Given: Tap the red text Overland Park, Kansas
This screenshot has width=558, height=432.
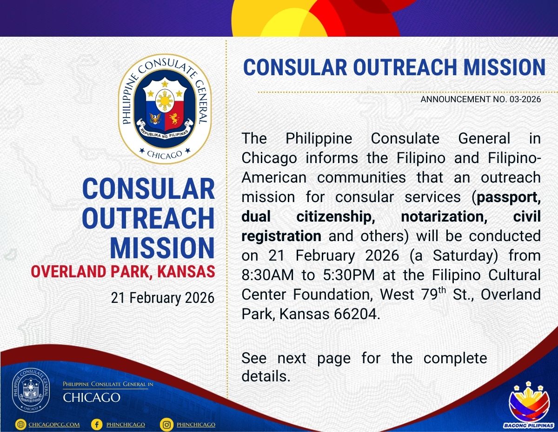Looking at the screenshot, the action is (x=123, y=272).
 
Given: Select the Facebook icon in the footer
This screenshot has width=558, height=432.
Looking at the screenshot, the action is (x=97, y=425).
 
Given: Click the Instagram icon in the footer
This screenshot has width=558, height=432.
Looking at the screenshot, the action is (x=166, y=425).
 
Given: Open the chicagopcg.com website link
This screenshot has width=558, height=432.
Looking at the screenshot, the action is (x=54, y=425).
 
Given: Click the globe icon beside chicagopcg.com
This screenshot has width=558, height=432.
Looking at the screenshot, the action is (x=20, y=425).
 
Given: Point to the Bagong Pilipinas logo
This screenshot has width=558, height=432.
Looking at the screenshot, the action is (x=530, y=406).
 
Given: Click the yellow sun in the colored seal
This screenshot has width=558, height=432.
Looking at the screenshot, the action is (x=165, y=100).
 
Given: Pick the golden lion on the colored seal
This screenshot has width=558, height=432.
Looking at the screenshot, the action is (x=174, y=118).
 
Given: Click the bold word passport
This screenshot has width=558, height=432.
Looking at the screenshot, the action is (x=509, y=198).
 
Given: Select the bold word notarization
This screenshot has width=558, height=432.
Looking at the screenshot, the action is (x=444, y=216).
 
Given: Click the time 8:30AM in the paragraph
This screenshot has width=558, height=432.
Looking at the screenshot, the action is (x=267, y=275).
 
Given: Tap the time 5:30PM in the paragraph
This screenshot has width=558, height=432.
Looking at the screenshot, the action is (x=349, y=275).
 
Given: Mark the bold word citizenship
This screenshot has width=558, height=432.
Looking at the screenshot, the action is (x=336, y=217).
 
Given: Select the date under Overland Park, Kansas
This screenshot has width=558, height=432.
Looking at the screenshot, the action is (x=163, y=298).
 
